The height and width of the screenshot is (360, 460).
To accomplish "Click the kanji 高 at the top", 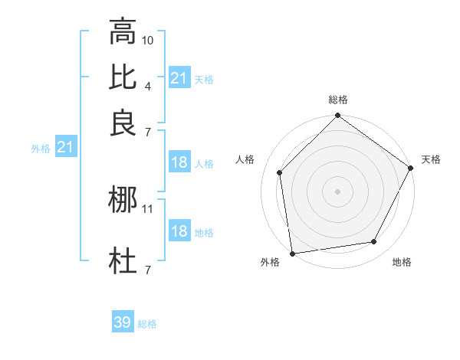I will pyautogui.click(x=123, y=32).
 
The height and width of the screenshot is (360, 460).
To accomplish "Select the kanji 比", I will pyautogui.click(x=123, y=76).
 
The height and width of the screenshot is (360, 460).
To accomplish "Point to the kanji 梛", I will pyautogui.click(x=123, y=201).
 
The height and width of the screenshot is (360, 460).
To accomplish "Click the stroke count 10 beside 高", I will pyautogui.click(x=148, y=39).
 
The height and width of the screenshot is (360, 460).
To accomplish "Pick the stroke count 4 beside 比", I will pyautogui.click(x=148, y=85).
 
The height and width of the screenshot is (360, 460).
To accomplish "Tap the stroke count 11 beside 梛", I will pyautogui.click(x=148, y=208).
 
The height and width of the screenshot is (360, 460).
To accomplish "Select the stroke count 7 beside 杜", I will pyautogui.click(x=148, y=269).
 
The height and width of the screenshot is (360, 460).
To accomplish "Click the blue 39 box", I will pyautogui.click(x=122, y=322).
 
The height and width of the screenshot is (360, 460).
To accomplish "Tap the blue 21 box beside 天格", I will pyautogui.click(x=179, y=77).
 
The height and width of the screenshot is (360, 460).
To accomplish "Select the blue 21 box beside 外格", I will pyautogui.click(x=65, y=146).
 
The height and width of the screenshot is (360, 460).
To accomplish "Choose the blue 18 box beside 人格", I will pyautogui.click(x=179, y=162).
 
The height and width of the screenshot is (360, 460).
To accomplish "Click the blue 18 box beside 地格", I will pyautogui.click(x=179, y=231).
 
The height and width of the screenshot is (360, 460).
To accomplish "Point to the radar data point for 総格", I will pyautogui.click(x=337, y=116).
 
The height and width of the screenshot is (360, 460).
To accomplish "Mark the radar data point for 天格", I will pyautogui.click(x=412, y=169).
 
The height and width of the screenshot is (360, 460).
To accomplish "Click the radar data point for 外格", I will pyautogui.click(x=292, y=253).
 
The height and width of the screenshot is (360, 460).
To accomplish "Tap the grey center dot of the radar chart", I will pyautogui.click(x=337, y=191).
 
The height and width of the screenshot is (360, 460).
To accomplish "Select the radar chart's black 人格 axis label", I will pyautogui.click(x=245, y=159).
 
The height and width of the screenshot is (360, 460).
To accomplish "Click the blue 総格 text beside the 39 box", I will pyautogui.click(x=147, y=324).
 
